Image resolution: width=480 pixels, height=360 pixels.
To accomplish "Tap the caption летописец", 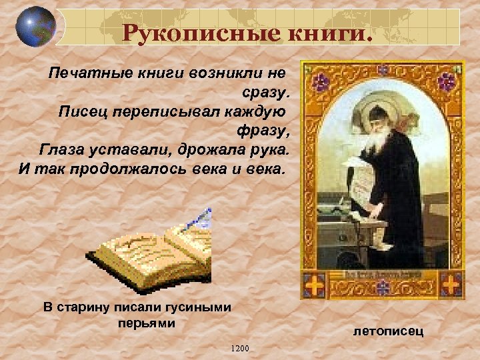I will tap(389, 331).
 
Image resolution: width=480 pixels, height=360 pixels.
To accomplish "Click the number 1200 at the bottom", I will tap(238, 348).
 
